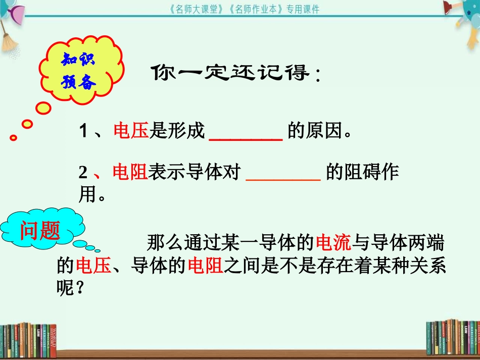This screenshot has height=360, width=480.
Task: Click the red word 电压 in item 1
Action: (x=131, y=131)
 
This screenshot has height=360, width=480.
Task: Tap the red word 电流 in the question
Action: (x=332, y=243)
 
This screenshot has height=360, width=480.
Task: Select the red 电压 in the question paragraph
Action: (x=93, y=266)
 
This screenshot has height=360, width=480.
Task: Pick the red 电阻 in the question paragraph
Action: (x=205, y=266)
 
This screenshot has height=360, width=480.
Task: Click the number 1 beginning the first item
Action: (x=83, y=132)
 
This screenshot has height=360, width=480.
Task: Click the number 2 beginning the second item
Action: (x=83, y=173)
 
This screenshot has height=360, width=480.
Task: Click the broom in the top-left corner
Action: (x=9, y=35)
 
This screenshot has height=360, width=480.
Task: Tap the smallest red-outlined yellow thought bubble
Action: (x=14, y=137)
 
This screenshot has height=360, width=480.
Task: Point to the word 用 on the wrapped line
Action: (x=87, y=195)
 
